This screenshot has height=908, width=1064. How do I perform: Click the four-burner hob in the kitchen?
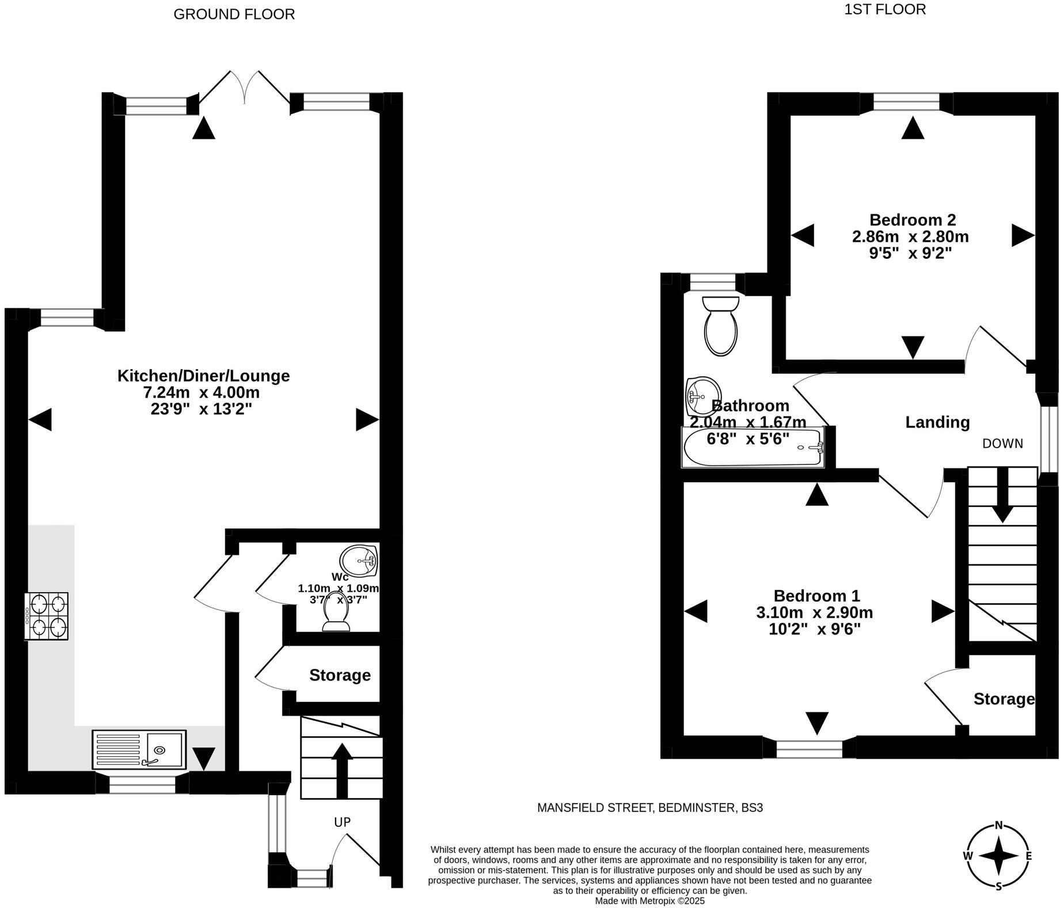(46, 616)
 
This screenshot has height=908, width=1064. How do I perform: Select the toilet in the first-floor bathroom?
(721, 326)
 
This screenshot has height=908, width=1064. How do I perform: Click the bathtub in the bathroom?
(753, 447)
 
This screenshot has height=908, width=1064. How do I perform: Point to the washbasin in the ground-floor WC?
(358, 560)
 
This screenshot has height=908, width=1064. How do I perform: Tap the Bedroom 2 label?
(912, 220)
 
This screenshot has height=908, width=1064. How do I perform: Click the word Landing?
(937, 422)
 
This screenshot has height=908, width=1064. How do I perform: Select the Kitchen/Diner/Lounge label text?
(203, 376)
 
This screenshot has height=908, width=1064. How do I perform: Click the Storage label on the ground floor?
(340, 675)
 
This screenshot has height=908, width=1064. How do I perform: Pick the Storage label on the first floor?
(1004, 699)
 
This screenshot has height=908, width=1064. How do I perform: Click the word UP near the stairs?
(342, 822)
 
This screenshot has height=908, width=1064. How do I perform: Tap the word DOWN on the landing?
(1002, 444)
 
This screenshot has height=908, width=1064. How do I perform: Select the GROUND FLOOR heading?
(234, 14)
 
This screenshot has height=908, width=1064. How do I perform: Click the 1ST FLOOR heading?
(884, 10)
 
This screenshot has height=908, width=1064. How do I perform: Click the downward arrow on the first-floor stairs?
(1002, 497)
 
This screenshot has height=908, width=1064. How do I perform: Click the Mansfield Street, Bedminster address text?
(649, 808)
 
